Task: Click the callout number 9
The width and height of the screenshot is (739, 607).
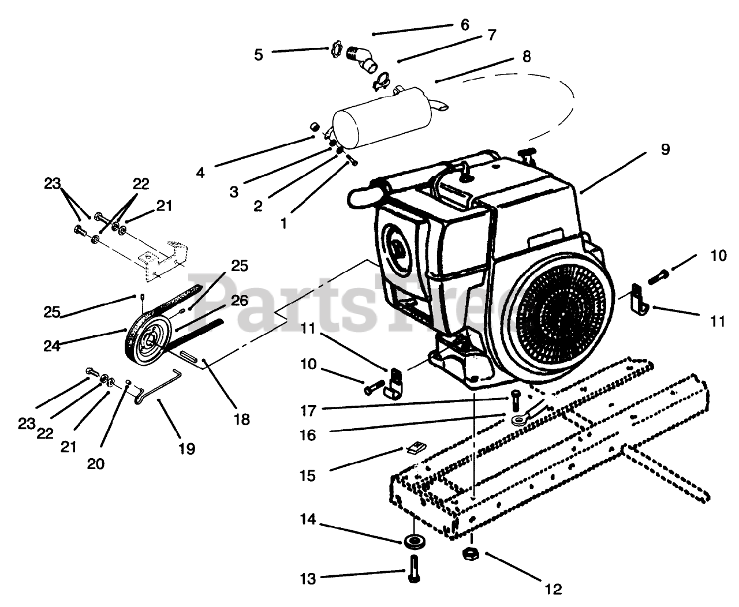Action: coord(666,149)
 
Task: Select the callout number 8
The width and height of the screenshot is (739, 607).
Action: coord(526,56)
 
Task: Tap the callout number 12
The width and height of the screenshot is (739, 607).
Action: coord(553,589)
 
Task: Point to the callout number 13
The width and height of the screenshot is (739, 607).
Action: coord(308,578)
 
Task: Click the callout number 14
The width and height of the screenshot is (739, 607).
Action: coord(308,520)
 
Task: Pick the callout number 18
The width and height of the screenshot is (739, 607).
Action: coord(242,419)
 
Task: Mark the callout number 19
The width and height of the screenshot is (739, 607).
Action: coord(187,448)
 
